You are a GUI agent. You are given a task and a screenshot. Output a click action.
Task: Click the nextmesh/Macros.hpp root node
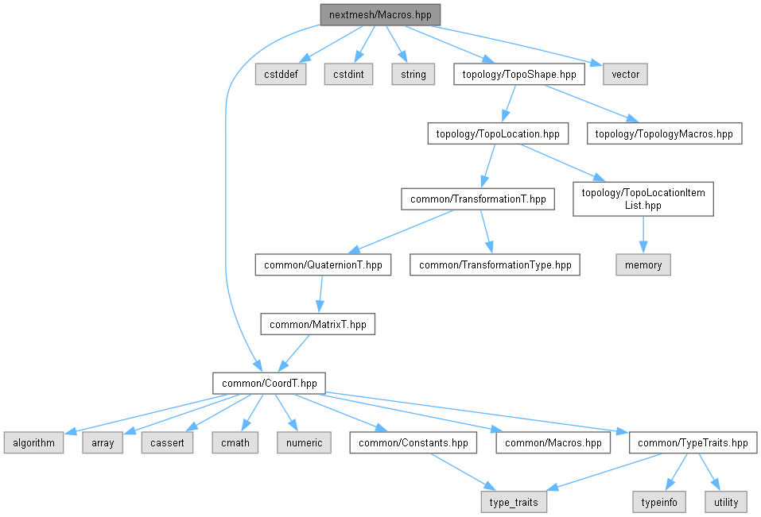[x=379, y=15]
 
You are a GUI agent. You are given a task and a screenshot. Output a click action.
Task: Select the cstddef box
[x=281, y=75]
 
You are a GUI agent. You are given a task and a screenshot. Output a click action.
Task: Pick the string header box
[x=414, y=75]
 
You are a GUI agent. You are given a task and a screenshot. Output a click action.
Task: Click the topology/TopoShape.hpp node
[x=519, y=75]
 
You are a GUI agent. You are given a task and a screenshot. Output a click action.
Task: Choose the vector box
[x=625, y=75]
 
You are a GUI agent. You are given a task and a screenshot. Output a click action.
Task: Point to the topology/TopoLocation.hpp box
[x=498, y=134]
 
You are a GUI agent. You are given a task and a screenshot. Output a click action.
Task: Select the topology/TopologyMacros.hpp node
[x=665, y=134]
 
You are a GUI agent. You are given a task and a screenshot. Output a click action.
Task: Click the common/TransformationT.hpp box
[x=478, y=199]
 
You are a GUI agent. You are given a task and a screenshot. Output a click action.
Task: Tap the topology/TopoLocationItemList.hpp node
[x=643, y=199]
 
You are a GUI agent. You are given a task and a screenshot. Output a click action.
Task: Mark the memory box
[x=643, y=265]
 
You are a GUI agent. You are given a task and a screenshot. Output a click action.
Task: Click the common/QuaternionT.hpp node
[x=323, y=265]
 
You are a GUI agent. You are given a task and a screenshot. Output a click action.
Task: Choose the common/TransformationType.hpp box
[x=495, y=265]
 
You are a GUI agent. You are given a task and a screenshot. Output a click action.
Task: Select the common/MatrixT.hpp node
[x=318, y=324]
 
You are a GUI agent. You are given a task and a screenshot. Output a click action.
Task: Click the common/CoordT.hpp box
[x=270, y=383]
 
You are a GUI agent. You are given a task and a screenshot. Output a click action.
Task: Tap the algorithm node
[x=33, y=442]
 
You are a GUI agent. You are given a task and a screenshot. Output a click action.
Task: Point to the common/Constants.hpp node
[x=414, y=442]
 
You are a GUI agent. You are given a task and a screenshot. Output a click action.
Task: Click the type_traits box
[x=514, y=502]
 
